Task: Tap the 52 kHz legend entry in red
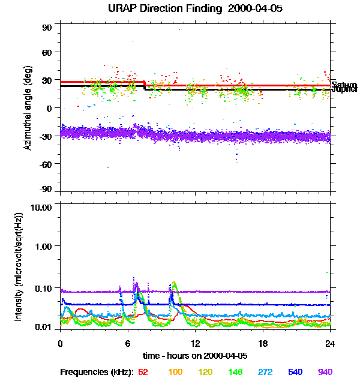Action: coord(143,372)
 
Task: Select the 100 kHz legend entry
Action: coord(175,372)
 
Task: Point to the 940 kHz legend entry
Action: coord(325,372)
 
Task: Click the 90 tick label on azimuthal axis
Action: coord(47,27)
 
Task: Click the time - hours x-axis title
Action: coord(196,355)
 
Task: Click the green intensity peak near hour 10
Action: coord(174,283)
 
